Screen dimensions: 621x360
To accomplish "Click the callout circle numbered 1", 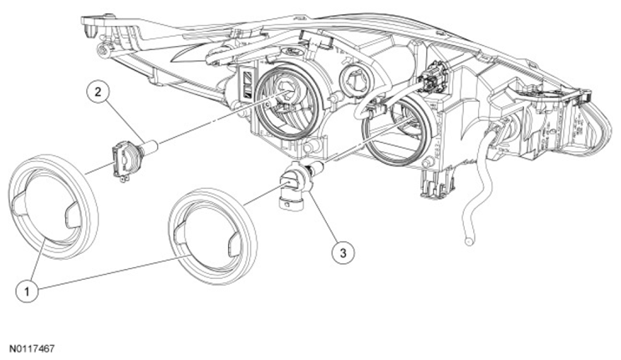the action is (x=27, y=292).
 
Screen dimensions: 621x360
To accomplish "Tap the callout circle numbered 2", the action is (x=98, y=92).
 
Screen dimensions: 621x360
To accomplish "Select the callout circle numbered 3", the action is (x=343, y=252).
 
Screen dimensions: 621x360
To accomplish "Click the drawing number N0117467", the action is (x=32, y=349).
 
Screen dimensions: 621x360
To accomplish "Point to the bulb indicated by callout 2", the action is (x=132, y=157).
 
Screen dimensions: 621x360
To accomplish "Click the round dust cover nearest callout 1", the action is (x=53, y=207).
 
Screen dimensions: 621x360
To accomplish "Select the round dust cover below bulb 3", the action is (x=212, y=236).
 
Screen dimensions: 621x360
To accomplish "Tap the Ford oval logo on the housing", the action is (x=287, y=52).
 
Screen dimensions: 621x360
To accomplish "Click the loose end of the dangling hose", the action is (x=469, y=241).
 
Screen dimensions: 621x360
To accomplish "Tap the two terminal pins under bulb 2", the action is (x=124, y=179).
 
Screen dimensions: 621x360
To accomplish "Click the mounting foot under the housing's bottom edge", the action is (x=435, y=183).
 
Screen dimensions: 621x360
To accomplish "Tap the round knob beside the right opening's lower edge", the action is (x=427, y=163).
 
